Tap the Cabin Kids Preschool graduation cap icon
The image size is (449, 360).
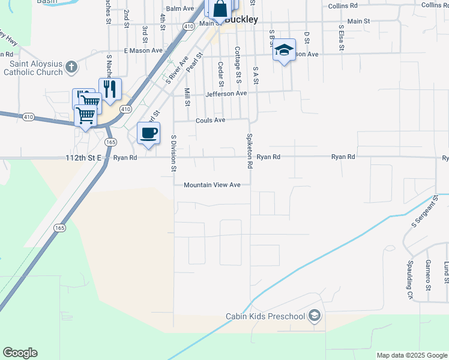click(315, 316)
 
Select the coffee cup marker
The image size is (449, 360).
click(148, 133)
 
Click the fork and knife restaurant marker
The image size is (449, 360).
click(110, 89)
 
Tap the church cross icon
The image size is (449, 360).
click(71, 66)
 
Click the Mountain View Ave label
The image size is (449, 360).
click(212, 185)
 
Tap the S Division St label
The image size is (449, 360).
click(173, 153)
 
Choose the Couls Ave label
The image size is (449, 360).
click(210, 120)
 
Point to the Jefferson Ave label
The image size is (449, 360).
click(226, 94)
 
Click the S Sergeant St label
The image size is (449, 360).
click(422, 214)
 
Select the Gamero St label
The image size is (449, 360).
click(428, 275)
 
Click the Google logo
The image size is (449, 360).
click(20, 353)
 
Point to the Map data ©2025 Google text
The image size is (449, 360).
click(411, 355)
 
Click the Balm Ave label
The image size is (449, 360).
click(180, 8)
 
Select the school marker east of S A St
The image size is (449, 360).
click(284, 50)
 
